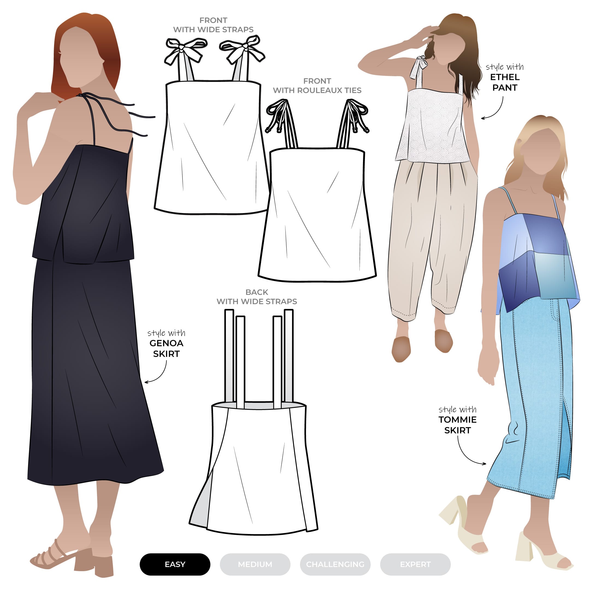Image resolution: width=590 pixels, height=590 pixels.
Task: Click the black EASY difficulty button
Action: pyautogui.click(x=175, y=564)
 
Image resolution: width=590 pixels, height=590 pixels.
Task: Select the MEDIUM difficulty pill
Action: pyautogui.click(x=255, y=564)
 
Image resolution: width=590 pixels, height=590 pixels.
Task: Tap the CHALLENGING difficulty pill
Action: pyautogui.click(x=335, y=564)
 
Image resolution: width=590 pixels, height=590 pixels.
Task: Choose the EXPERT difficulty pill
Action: pyautogui.click(x=415, y=564)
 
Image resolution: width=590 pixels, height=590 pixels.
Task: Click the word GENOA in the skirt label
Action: pyautogui.click(x=166, y=343)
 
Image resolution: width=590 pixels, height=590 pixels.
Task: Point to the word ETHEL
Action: pyautogui.click(x=505, y=77)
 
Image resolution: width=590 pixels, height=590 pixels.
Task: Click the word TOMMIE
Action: pyautogui.click(x=458, y=420)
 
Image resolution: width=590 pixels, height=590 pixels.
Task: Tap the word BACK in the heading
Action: pyautogui.click(x=257, y=292)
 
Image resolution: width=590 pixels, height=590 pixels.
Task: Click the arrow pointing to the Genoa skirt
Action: pyautogui.click(x=162, y=374)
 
